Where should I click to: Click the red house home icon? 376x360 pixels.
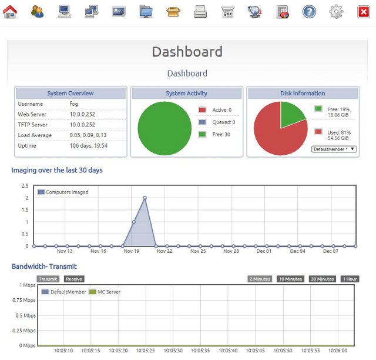(10, 11)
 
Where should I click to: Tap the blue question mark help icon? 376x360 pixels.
(309, 12)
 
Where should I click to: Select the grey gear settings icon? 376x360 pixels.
(336, 12)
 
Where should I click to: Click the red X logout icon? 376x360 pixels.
(364, 12)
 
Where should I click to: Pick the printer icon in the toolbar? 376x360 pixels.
(200, 12)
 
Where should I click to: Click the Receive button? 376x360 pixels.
(74, 279)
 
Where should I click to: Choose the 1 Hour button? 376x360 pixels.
(350, 279)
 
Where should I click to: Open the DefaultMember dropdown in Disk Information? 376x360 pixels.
(334, 149)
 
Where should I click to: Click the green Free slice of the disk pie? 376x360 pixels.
(291, 114)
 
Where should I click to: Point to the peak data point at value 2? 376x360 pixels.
(145, 198)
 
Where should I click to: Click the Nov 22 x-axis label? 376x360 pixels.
(164, 251)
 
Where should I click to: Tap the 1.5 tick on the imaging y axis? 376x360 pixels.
(25, 210)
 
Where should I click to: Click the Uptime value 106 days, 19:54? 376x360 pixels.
(89, 145)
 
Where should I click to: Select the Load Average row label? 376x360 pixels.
(35, 135)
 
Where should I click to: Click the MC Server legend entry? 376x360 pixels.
(105, 292)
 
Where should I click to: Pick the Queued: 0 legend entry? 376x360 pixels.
(217, 122)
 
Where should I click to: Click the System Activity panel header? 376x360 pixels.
(187, 93)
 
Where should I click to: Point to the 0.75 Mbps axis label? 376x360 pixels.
(24, 300)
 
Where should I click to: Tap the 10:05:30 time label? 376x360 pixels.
(173, 351)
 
